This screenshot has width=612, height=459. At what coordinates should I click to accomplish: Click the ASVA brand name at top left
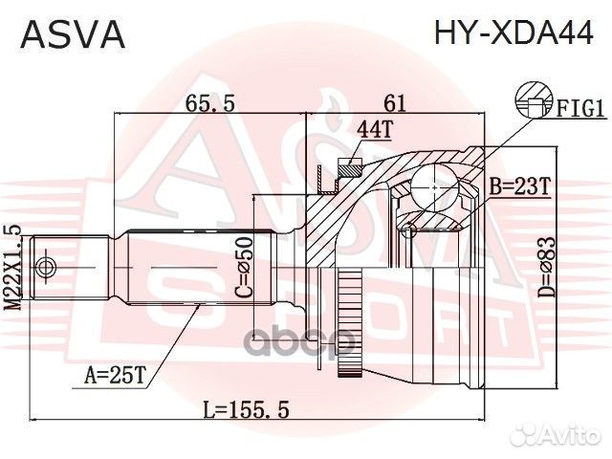tap(74, 34)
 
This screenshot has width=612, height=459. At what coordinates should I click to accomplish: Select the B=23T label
tap(519, 188)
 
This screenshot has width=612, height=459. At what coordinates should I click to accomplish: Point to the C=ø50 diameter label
tap(243, 269)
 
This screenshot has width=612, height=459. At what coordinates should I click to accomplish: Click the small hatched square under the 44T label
tap(351, 169)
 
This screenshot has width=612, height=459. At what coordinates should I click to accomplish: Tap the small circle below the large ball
tap(409, 229)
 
